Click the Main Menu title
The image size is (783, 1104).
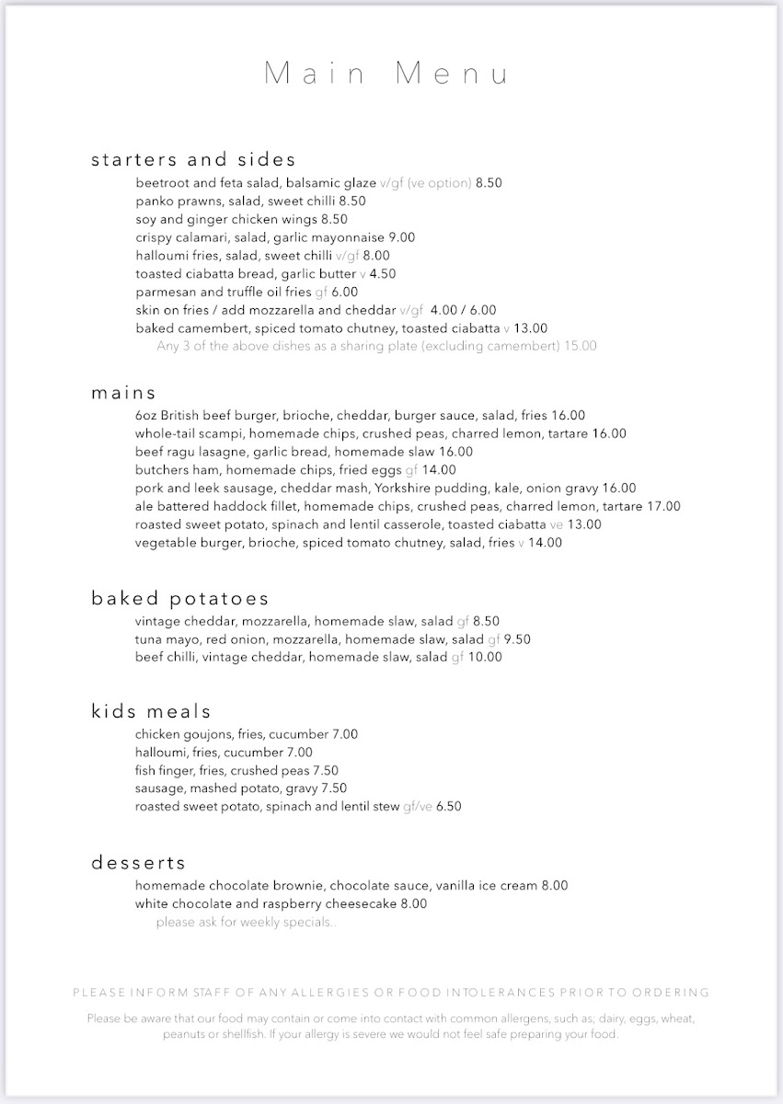pos(386,74)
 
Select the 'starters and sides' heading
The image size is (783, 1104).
pos(193,160)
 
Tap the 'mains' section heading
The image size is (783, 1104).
pos(123,393)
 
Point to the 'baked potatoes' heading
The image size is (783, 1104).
pos(179,599)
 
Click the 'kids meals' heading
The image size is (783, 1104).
pos(151,711)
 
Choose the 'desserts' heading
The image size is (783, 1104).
pos(138,863)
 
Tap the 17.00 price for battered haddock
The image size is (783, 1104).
pos(662,507)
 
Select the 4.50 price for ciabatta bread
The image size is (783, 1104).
pos(382,274)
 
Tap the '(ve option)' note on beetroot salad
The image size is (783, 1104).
pos(439,183)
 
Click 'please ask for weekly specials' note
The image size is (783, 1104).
pos(246,922)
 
